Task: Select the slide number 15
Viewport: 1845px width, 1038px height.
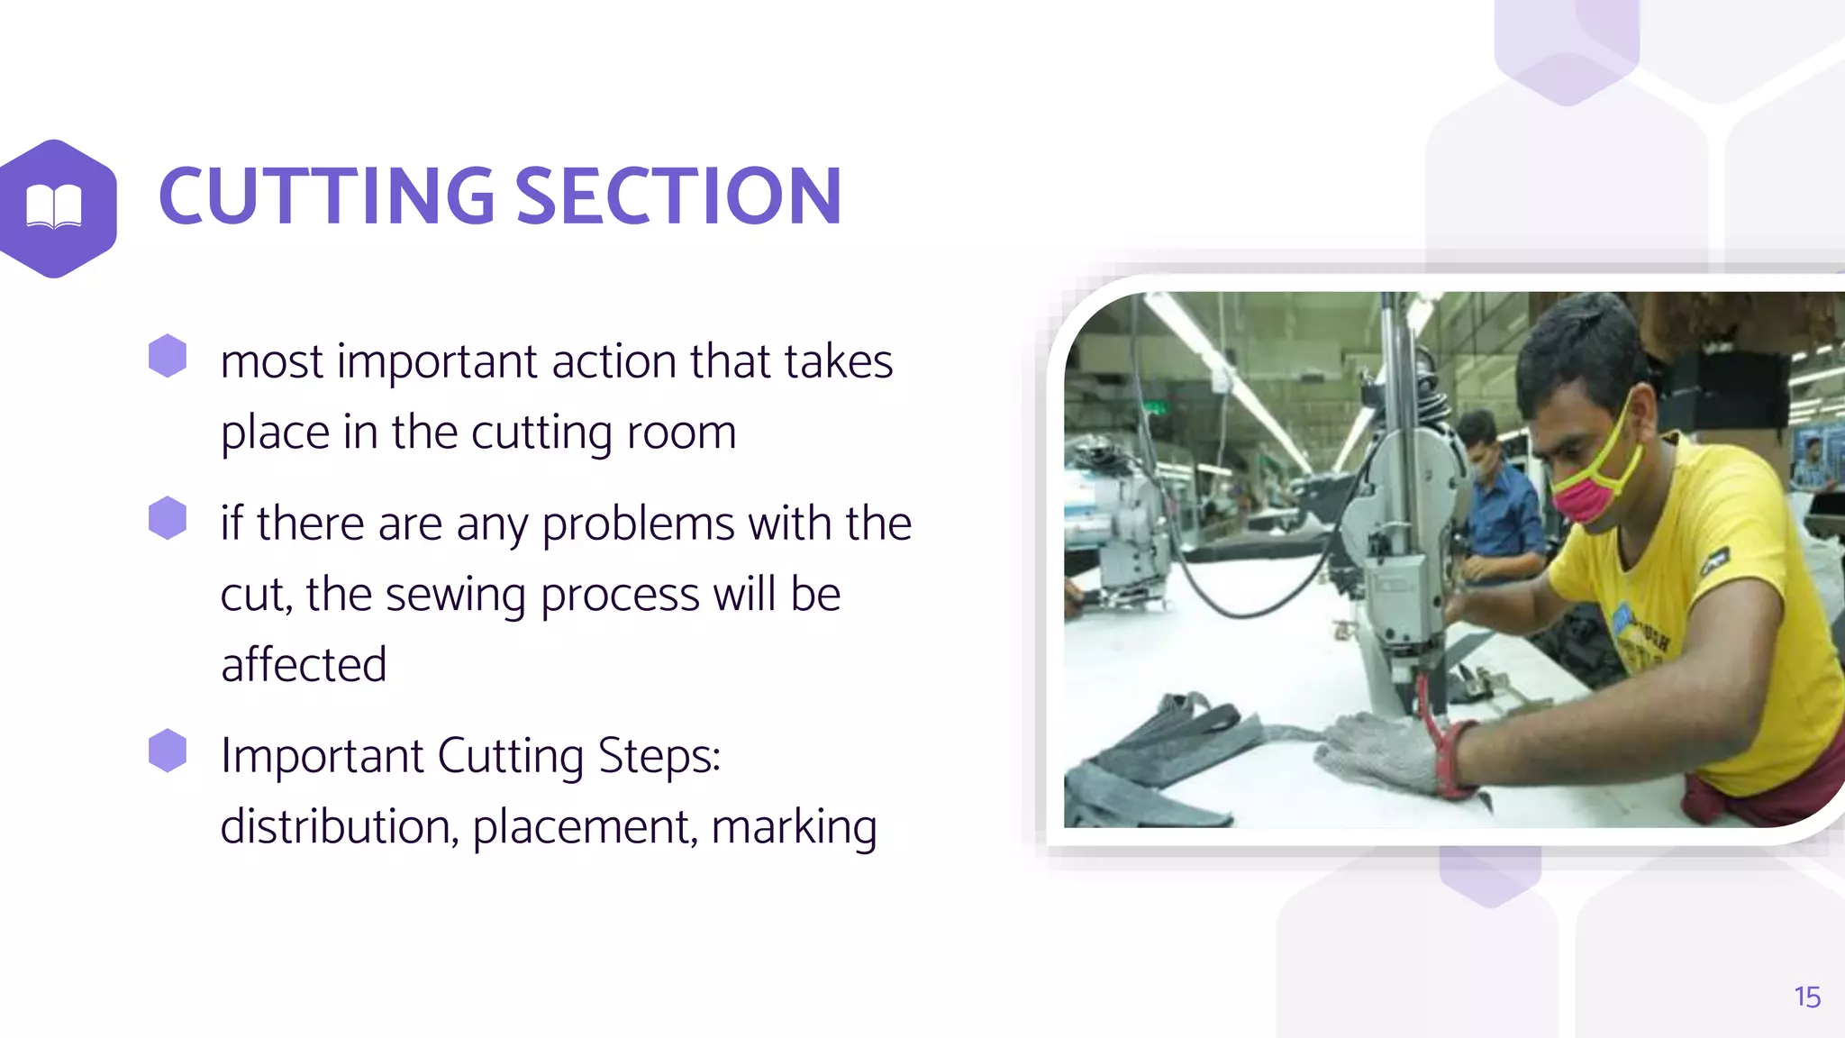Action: pyautogui.click(x=1806, y=997)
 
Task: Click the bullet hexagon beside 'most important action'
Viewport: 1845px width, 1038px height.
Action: pyautogui.click(x=168, y=356)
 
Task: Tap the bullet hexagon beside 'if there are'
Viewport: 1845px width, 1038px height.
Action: pyautogui.click(x=168, y=518)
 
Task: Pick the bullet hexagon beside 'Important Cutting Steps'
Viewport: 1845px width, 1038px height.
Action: pyautogui.click(x=168, y=751)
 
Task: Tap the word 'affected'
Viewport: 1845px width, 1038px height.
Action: pyautogui.click(x=304, y=665)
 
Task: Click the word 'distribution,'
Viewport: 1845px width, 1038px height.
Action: pyautogui.click(x=339, y=826)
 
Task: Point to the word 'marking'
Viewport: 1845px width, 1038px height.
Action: pyautogui.click(x=794, y=828)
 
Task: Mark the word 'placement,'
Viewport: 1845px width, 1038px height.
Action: pyautogui.click(x=585, y=826)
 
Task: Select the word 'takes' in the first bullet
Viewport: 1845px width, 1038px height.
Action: pyautogui.click(x=838, y=362)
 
